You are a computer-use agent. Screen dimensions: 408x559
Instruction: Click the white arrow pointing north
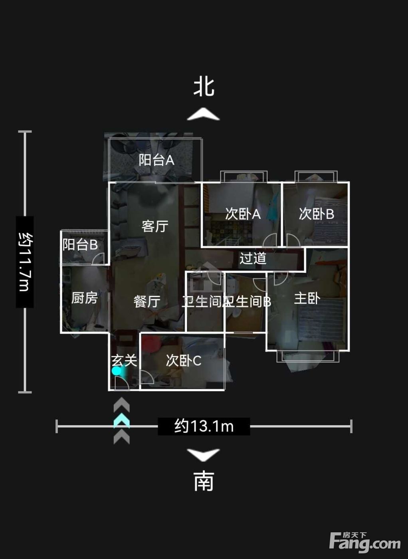point(204,114)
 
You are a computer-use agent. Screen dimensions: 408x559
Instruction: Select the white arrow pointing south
point(204,455)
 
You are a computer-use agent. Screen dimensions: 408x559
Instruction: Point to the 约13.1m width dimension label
point(204,426)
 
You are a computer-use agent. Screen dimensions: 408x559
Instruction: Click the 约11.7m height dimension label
point(25,262)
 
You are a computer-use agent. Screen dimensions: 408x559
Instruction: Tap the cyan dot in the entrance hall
point(116,371)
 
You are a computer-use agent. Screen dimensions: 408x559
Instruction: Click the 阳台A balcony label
point(156,160)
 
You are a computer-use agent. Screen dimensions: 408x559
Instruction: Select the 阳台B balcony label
point(80,244)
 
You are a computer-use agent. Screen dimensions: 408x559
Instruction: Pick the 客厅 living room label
point(155,226)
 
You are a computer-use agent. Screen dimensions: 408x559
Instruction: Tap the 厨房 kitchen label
point(84,298)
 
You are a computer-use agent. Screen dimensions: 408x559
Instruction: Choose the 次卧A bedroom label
point(243,214)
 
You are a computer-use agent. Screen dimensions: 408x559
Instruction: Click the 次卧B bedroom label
point(317,214)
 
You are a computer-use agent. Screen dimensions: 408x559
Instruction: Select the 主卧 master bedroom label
point(307,298)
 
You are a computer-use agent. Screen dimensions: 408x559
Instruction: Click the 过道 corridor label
point(253,258)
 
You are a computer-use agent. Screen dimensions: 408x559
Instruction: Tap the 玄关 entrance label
point(124,360)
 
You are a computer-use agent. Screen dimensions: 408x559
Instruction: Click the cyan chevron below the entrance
point(121,420)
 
